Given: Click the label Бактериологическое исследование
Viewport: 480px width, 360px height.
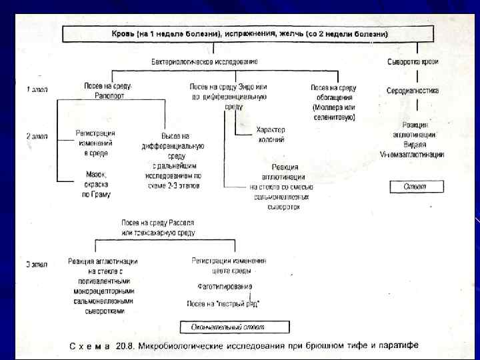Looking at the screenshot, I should pyautogui.click(x=204, y=61).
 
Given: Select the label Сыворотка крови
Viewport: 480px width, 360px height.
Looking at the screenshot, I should pyautogui.click(x=413, y=61).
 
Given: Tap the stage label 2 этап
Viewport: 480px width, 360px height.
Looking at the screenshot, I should pyautogui.click(x=37, y=137).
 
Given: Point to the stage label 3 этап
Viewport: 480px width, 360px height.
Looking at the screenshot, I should pyautogui.click(x=37, y=265).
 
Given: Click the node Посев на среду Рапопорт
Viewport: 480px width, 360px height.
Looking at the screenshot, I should pyautogui.click(x=108, y=91).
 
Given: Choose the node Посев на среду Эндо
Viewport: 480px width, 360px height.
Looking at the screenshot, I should pyautogui.click(x=228, y=96).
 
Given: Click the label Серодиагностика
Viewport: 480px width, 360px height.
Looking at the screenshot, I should pyautogui.click(x=413, y=91).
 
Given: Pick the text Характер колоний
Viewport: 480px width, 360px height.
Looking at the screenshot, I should pyautogui.click(x=270, y=134).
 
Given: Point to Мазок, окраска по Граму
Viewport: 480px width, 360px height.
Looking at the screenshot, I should pyautogui.click(x=95, y=185).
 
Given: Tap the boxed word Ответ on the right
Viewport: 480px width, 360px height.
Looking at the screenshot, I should pyautogui.click(x=417, y=187).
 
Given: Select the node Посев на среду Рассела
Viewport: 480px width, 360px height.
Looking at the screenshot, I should pyautogui.click(x=157, y=227).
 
